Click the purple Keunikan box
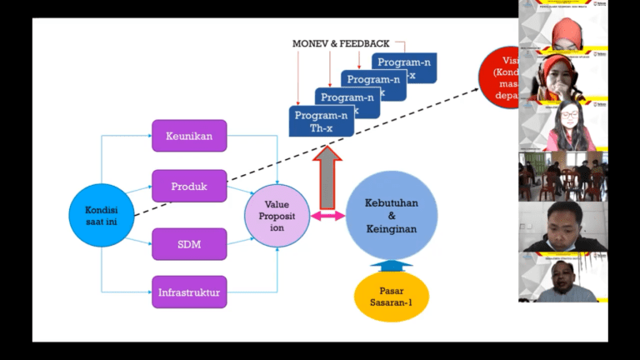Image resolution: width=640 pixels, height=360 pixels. [x=189, y=136]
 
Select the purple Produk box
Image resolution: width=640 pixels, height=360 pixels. [x=189, y=185]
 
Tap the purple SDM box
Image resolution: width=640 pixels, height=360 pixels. [x=189, y=244]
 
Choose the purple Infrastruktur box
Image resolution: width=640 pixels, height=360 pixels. [x=189, y=292]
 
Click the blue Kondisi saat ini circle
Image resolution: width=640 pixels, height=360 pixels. [x=101, y=215]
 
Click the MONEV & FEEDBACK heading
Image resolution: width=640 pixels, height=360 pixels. [x=342, y=42]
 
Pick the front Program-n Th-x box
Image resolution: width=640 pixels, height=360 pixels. [x=321, y=122]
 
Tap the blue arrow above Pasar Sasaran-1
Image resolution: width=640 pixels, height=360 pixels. [x=391, y=265]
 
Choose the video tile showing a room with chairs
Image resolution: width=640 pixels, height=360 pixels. [x=562, y=176]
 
